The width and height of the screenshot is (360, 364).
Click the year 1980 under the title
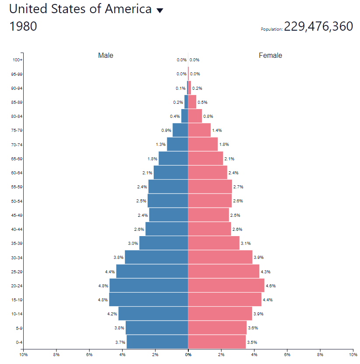(23, 26)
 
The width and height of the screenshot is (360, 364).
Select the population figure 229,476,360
(318, 26)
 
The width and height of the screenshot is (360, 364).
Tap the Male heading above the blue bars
(106, 56)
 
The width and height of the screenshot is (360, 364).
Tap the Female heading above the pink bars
(270, 56)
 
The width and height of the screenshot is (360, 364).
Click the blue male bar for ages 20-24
(148, 286)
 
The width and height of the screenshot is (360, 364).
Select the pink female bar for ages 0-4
(217, 342)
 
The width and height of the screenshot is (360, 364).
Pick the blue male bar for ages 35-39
(163, 243)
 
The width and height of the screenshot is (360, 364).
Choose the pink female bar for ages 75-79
(199, 130)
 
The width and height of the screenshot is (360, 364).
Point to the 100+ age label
(18, 60)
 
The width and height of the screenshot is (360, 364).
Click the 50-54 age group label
(17, 201)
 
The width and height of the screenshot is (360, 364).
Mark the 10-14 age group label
(17, 314)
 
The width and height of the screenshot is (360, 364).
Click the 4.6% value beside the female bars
(271, 286)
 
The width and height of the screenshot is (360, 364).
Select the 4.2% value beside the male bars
(112, 314)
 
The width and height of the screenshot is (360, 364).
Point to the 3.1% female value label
(246, 243)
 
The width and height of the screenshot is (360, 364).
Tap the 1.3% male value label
(160, 145)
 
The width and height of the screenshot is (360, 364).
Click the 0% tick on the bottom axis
(188, 354)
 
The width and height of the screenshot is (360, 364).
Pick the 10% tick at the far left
(24, 354)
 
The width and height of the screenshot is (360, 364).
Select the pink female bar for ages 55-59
(210, 187)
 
